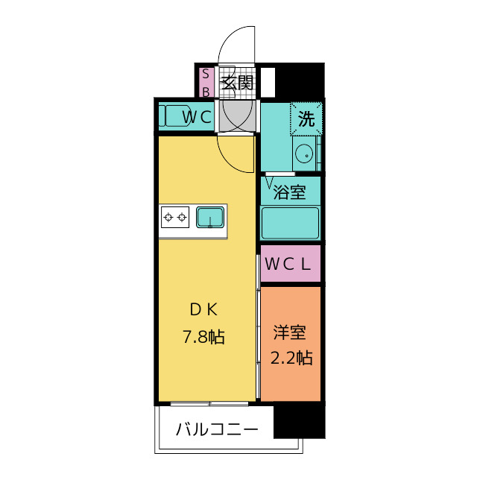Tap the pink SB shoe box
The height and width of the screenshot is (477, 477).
coord(206,82)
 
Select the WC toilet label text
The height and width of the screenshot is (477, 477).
coord(198,116)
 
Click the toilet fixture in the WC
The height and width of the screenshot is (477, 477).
coord(173,116)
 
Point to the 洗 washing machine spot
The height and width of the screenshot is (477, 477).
coord(306,118)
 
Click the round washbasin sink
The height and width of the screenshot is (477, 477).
coord(303,154)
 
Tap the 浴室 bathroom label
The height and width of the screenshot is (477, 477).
coord(290,192)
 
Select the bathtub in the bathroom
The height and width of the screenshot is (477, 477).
coord(290,222)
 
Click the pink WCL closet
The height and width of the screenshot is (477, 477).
coord(290,264)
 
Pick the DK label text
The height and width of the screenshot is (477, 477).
coord(203,310)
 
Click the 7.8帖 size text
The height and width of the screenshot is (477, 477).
coord(204,337)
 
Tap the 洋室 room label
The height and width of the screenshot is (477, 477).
coord(290,332)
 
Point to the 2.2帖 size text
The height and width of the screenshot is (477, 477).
coord(290,358)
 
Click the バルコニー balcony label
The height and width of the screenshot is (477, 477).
coord(217,430)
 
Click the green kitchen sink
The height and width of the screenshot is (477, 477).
coord(211,218)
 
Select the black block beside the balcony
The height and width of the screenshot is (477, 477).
coord(299,421)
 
